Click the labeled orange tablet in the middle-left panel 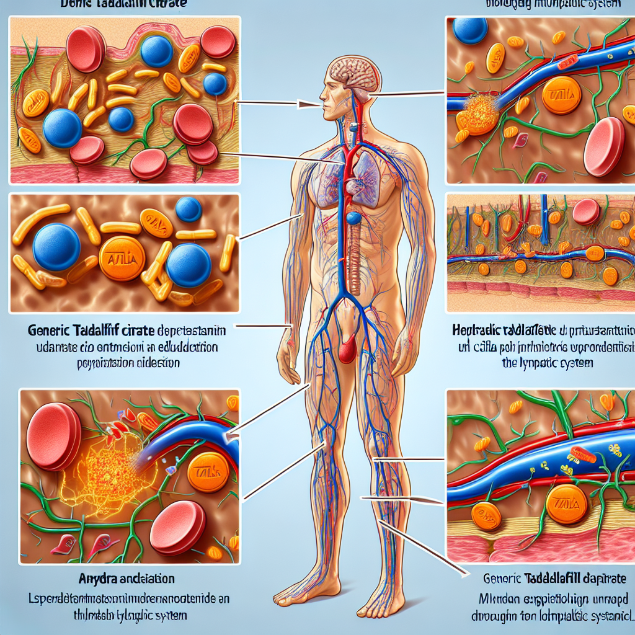pyautogui.click(x=122, y=258)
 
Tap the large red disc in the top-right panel pyautogui.click(x=604, y=146)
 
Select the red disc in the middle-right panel pyautogui.click(x=586, y=211)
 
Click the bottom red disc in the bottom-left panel pyautogui.click(x=177, y=527)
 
